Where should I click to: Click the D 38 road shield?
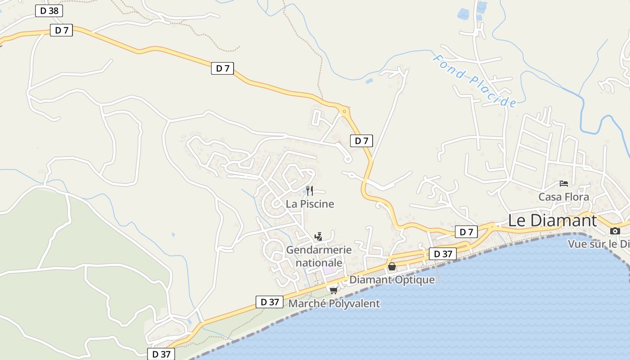(49, 11)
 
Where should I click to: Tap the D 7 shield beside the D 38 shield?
(61, 31)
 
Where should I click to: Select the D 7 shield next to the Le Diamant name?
(466, 232)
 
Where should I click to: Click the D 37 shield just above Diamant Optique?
(443, 254)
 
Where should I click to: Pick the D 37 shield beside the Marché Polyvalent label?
(270, 302)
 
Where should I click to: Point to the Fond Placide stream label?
(475, 81)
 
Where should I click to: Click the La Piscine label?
(310, 204)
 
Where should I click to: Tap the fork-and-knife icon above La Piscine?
(310, 190)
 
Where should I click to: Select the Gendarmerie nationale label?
(319, 256)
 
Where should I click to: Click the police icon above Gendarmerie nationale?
(319, 236)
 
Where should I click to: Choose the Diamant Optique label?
(392, 279)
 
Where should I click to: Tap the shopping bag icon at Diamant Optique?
(392, 266)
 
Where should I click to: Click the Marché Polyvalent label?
(334, 303)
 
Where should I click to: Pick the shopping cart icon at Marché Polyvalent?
(333, 290)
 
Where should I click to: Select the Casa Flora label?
(563, 197)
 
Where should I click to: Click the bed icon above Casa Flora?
(563, 184)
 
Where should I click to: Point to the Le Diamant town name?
(552, 220)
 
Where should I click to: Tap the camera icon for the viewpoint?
(615, 231)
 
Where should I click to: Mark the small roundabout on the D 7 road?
(344, 111)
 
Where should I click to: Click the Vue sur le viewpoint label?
(598, 244)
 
